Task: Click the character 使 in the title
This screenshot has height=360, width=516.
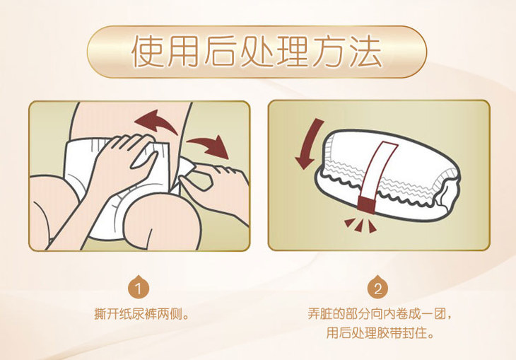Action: (148, 52)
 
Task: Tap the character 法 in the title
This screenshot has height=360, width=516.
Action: (365, 52)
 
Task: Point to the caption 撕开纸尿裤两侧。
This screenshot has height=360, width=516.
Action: (142, 314)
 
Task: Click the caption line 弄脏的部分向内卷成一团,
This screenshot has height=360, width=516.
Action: (380, 313)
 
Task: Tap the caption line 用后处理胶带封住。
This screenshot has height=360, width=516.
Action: (380, 332)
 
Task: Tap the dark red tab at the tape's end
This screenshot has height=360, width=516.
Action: (366, 204)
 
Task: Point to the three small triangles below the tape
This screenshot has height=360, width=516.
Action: (360, 225)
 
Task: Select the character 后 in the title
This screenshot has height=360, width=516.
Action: (220, 52)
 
